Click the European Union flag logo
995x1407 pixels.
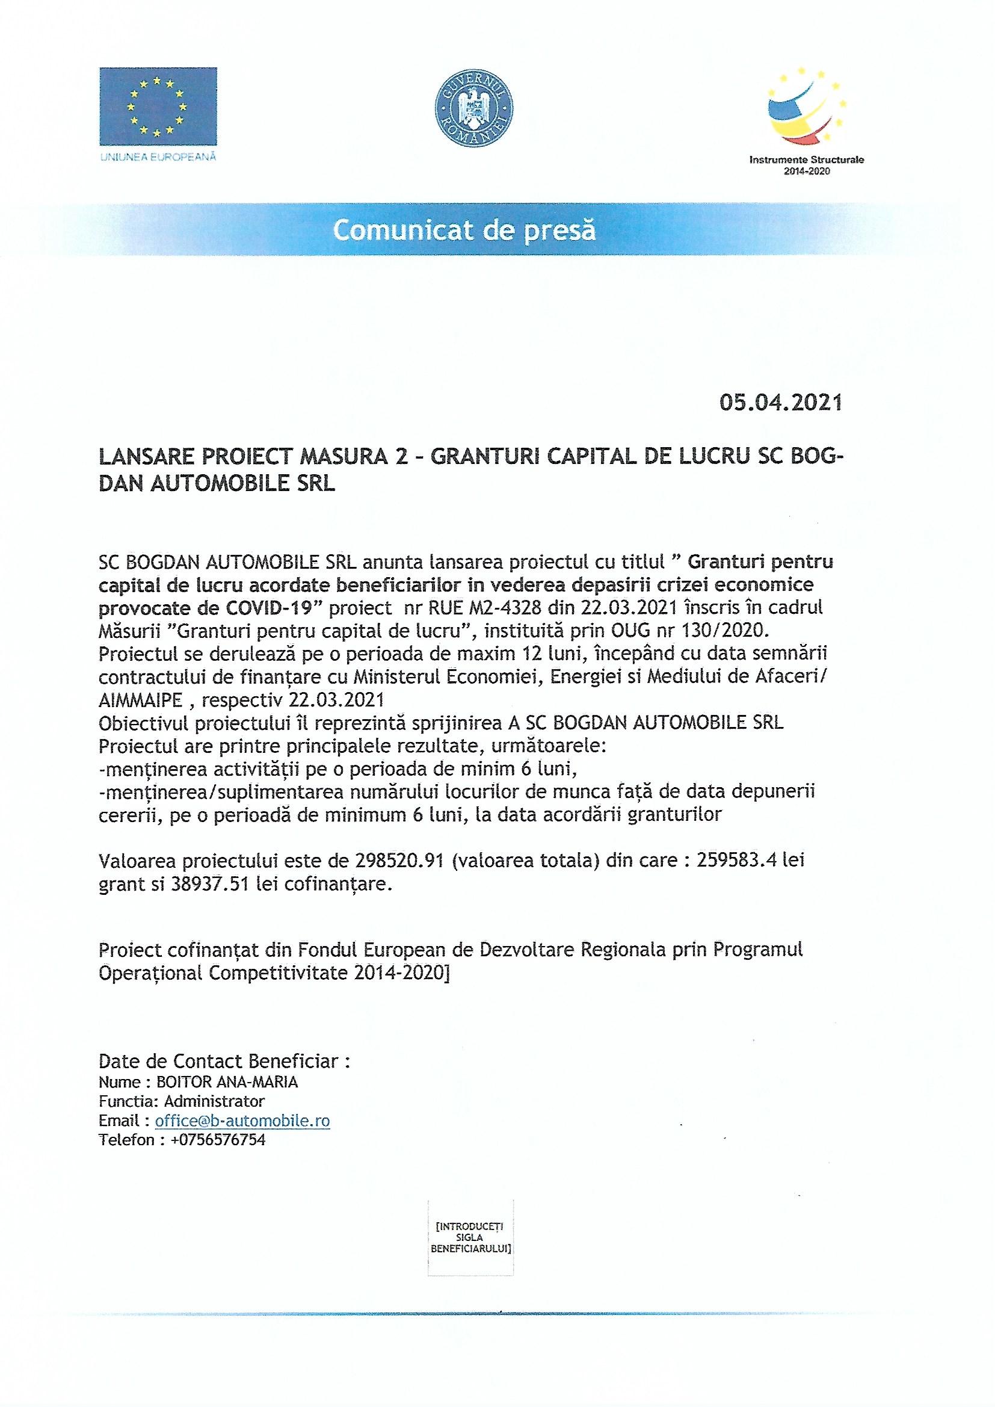158,106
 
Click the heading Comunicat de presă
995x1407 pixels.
464,230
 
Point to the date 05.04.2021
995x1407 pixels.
781,402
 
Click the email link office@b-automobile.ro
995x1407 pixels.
242,1121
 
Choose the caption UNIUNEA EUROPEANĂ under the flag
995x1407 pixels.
158,157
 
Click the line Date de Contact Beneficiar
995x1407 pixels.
224,1061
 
